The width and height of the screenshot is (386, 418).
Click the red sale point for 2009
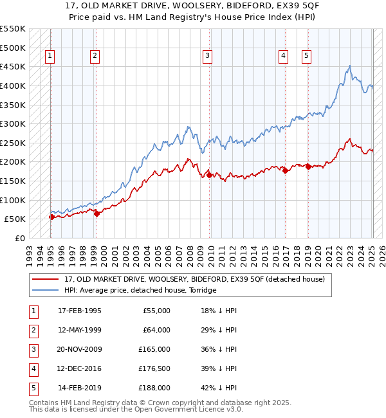click(x=210, y=174)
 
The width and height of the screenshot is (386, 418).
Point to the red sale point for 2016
click(x=284, y=170)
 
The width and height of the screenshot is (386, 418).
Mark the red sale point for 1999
click(x=96, y=214)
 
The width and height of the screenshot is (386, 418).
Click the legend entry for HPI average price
click(x=140, y=290)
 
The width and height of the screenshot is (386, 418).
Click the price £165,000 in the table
click(x=154, y=349)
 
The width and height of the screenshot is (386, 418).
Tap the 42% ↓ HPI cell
click(x=219, y=388)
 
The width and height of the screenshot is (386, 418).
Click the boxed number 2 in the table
click(x=32, y=330)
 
